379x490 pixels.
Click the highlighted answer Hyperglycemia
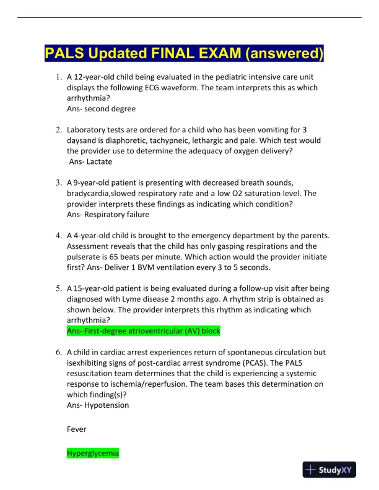[93, 453]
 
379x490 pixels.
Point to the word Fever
[77, 429]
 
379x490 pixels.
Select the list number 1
[58, 78]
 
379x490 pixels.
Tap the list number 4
[58, 236]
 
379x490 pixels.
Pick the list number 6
[58, 352]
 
